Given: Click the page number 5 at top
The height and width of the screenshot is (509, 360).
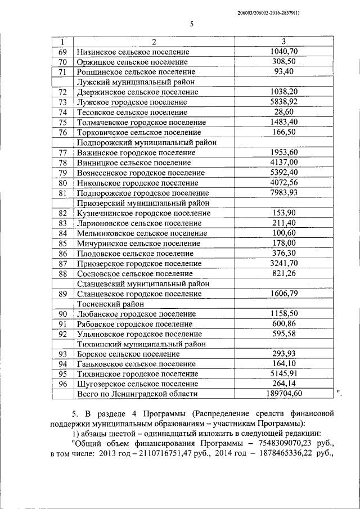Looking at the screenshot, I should [x=191, y=24].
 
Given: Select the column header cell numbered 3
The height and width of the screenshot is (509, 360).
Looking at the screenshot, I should [x=283, y=42].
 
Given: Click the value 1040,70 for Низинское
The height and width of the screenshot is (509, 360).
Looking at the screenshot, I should [x=283, y=52].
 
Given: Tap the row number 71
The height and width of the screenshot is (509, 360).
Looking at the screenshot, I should [x=63, y=72].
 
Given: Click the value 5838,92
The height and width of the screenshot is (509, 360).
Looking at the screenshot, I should [x=283, y=102].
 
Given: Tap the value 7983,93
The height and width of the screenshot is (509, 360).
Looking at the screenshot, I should [x=283, y=193].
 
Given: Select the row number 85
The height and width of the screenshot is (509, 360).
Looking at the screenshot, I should [x=63, y=244].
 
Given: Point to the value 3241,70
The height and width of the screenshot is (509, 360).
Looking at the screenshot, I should [x=283, y=263].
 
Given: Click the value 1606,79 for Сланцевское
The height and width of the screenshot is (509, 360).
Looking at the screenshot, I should [x=283, y=294].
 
